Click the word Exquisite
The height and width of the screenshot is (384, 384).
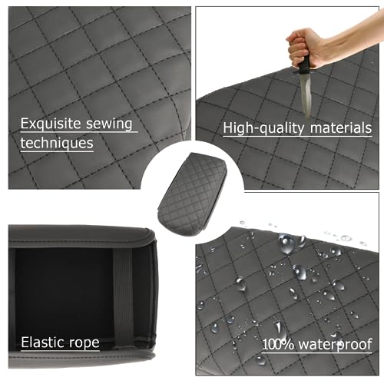[51, 124]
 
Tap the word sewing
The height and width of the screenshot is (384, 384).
[109, 124]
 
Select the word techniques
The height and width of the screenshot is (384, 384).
[57, 144]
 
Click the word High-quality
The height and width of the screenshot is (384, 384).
[263, 128]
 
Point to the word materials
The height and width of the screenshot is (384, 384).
[341, 127]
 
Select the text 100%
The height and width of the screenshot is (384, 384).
[278, 344]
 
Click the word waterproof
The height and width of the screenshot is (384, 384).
[336, 345]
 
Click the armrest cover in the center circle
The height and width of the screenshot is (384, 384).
[193, 194]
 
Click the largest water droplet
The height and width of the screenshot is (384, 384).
[286, 243]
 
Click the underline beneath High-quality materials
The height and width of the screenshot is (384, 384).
[297, 137]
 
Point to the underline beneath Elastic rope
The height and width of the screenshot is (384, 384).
[60, 350]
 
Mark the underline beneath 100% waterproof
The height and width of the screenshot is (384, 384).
[316, 353]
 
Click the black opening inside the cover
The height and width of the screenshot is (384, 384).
[64, 294]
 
